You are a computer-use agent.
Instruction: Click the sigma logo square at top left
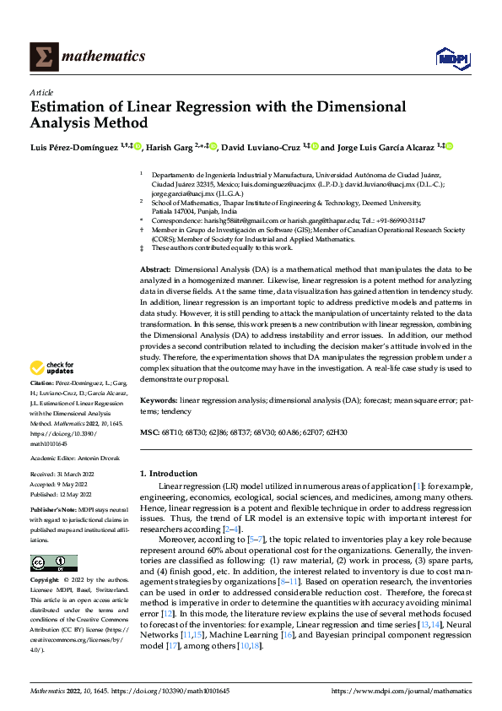pyautogui.click(x=41, y=56)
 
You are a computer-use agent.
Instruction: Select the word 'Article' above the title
pyautogui.click(x=41, y=91)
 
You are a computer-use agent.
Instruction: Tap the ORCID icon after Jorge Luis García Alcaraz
pyautogui.click(x=451, y=146)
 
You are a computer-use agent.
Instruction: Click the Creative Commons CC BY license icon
pyautogui.click(x=53, y=563)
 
